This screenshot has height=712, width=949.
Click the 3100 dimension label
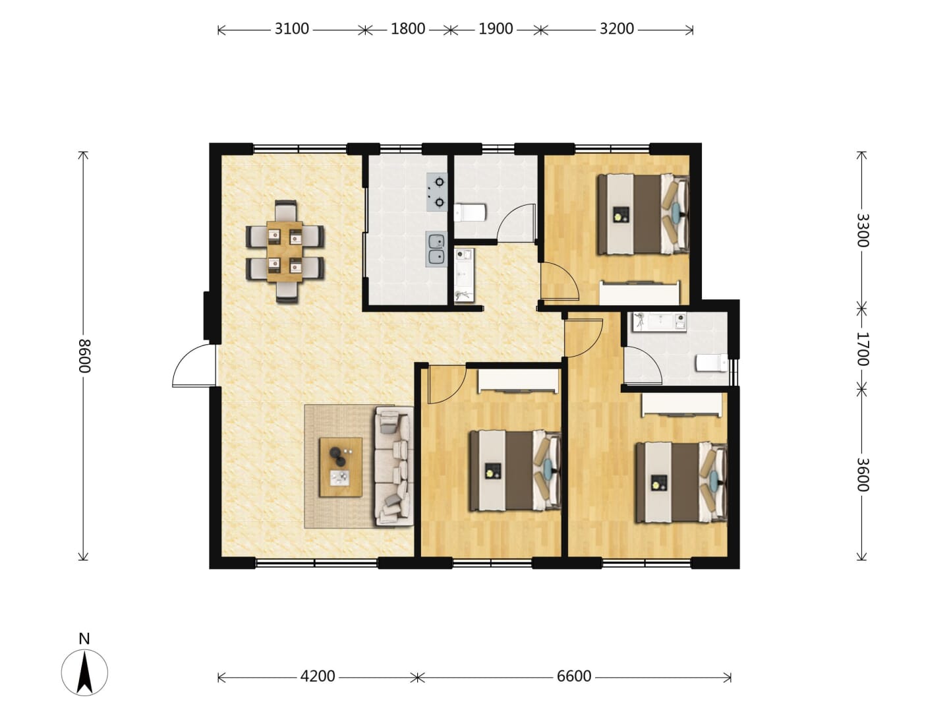point(292,29)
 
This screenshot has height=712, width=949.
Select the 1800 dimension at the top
point(408,29)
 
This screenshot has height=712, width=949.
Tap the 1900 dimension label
point(496,29)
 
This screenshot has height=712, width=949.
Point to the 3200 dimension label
point(617,29)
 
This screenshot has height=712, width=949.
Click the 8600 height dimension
point(84,356)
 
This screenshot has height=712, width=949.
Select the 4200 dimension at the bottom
point(318,676)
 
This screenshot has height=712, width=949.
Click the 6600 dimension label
point(574,676)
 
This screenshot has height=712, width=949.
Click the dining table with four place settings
point(285,252)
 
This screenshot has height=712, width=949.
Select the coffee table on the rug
point(341,467)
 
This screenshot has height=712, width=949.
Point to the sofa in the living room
point(393,467)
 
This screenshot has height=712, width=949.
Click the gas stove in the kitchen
point(437,192)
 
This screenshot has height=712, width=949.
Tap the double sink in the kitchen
point(437,249)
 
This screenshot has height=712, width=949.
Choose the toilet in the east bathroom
point(712,363)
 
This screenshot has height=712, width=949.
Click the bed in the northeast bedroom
point(643,214)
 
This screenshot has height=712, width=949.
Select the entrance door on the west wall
point(194,365)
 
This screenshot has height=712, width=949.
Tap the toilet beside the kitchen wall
point(471,213)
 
